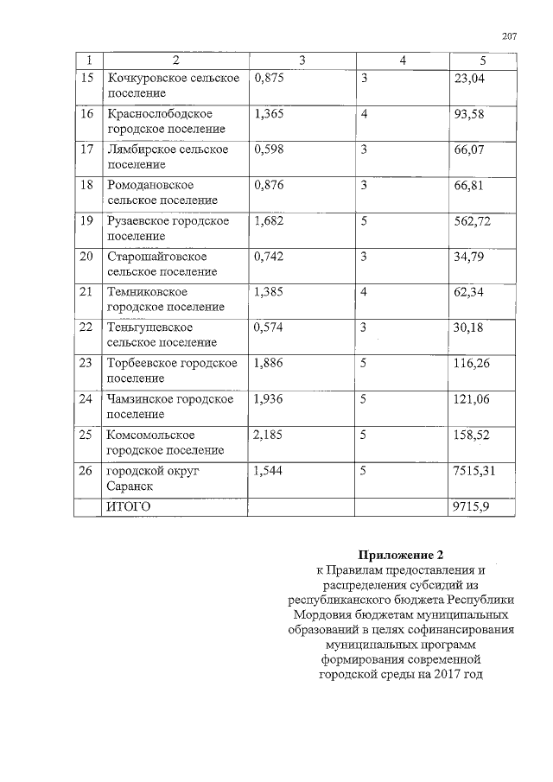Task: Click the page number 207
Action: (x=508, y=36)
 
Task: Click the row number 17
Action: (x=86, y=149)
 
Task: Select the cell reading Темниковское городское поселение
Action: (x=164, y=299)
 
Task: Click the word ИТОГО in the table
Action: (x=128, y=506)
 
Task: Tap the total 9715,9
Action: (x=471, y=506)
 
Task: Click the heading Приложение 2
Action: (x=405, y=554)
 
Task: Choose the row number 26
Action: (x=86, y=471)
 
